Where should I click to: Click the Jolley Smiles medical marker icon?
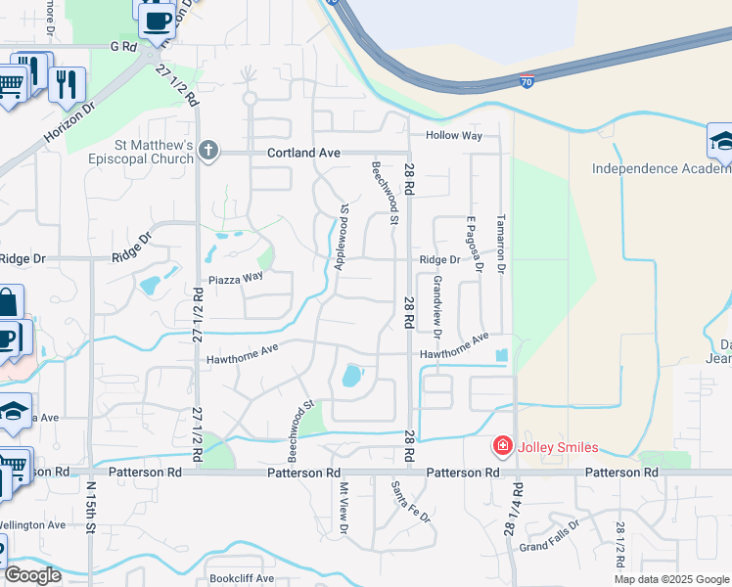(503, 447)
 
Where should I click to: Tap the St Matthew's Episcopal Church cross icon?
(207, 152)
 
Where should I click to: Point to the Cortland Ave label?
(304, 153)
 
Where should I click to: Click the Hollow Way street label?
(452, 135)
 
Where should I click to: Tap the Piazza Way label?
(234, 277)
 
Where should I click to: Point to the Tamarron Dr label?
(500, 243)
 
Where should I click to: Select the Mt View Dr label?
(343, 508)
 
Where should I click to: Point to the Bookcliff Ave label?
(242, 578)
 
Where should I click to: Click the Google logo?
(33, 574)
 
